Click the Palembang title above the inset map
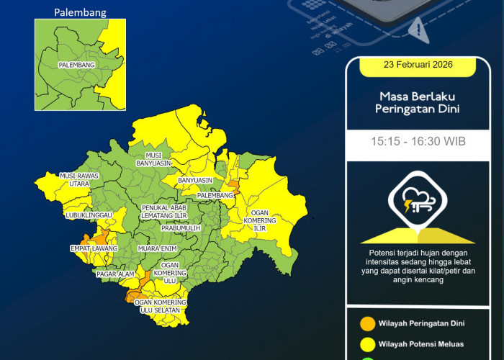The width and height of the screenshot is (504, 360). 80,12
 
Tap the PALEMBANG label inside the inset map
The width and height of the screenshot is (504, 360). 77,65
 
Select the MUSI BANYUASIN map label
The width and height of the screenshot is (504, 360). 153,159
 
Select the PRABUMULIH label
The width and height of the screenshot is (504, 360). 179,228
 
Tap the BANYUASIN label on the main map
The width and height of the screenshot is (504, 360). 195,179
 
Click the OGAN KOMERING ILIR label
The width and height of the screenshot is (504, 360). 260,220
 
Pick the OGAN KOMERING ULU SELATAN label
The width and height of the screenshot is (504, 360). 161,306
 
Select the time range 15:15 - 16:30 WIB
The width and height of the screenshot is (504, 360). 418,141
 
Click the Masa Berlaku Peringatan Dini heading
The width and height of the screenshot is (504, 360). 418,102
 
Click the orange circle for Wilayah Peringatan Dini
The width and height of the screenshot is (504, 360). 366,323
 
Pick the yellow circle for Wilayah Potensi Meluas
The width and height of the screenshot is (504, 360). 366,343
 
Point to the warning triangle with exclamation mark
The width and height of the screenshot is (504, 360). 417,28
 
